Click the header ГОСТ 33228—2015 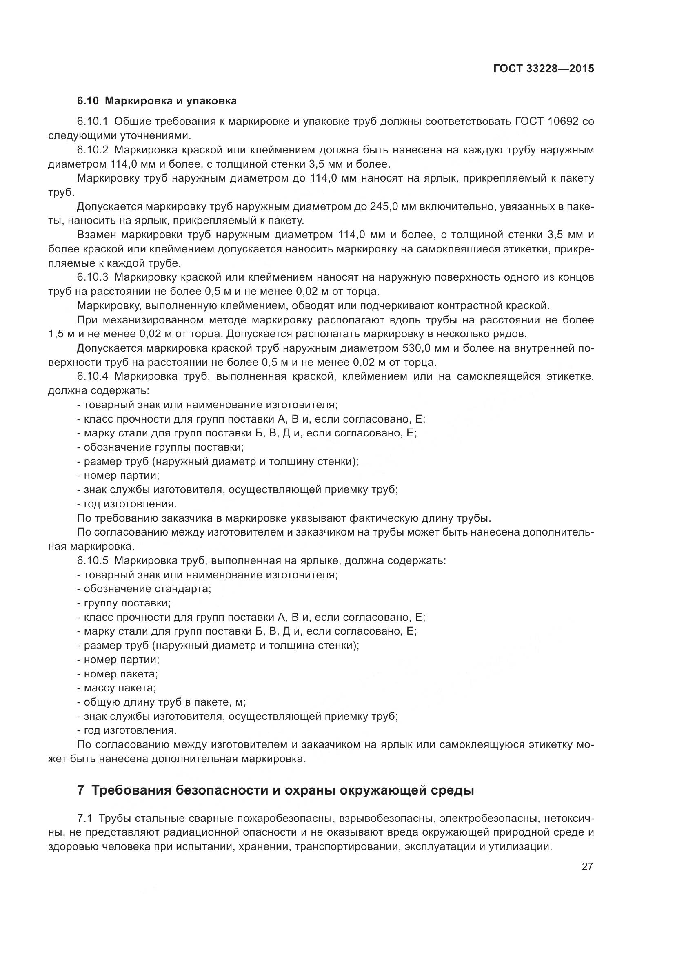543,69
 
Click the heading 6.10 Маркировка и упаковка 157,101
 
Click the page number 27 587,866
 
